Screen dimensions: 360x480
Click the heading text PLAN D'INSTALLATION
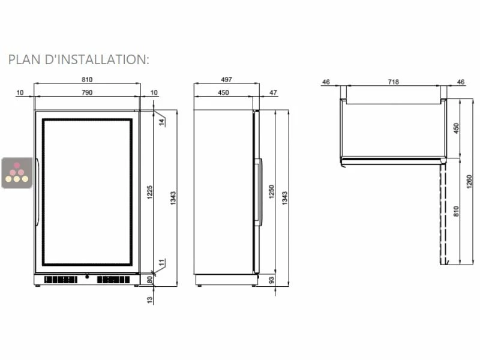[78, 59]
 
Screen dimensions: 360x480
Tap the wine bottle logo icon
[17, 173]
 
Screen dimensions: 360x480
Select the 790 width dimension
[87, 92]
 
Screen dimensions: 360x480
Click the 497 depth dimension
[226, 80]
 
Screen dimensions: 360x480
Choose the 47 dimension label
[274, 92]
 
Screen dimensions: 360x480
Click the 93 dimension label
[271, 280]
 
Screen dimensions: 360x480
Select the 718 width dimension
[394, 82]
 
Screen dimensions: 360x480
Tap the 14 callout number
[161, 122]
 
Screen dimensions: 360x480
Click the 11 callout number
[161, 262]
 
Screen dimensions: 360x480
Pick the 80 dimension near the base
[150, 280]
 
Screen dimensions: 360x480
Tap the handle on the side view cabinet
[259, 192]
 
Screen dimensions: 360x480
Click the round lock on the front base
[87, 278]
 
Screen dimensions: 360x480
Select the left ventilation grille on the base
[61, 280]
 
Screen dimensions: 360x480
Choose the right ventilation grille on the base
[113, 280]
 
